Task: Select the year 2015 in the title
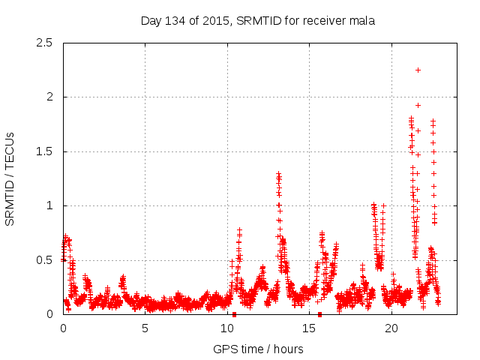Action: pyautogui.click(x=217, y=20)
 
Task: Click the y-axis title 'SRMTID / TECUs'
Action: pyautogui.click(x=10, y=178)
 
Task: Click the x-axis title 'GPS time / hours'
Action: pyautogui.click(x=258, y=349)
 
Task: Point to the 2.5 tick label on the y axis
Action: pyautogui.click(x=46, y=43)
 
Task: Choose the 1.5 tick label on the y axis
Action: pyautogui.click(x=46, y=151)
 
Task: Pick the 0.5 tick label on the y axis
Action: pyautogui.click(x=46, y=260)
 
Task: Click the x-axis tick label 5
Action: pyautogui.click(x=145, y=328)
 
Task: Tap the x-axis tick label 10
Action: pyautogui.click(x=227, y=328)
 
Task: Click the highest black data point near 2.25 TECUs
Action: pyautogui.click(x=418, y=70)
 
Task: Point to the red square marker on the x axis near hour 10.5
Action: pyautogui.click(x=235, y=314)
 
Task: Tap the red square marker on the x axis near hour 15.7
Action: pyautogui.click(x=320, y=314)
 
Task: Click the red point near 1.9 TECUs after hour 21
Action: pyautogui.click(x=418, y=105)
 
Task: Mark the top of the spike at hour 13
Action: pyautogui.click(x=278, y=174)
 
